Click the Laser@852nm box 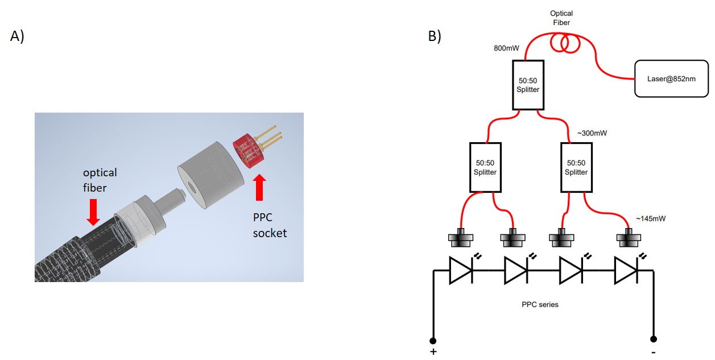pos(671,78)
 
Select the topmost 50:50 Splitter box pos(528,85)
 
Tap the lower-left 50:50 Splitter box pos(485,167)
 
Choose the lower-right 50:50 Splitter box pos(576,167)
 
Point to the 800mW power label pos(506,48)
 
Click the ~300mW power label pos(592,133)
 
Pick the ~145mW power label pos(651,218)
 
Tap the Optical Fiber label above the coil pos(561,18)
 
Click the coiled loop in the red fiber pos(565,43)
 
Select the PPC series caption pos(540,304)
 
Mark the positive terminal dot pos(433,341)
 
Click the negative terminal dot pos(654,339)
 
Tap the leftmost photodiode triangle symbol pos(461,271)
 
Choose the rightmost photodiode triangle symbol pos(626,271)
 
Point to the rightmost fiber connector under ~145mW pos(629,238)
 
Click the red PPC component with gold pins pos(257,147)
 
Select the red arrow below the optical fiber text pos(93,212)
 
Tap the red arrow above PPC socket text pos(259,187)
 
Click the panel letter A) pos(17,36)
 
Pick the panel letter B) pos(435,36)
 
